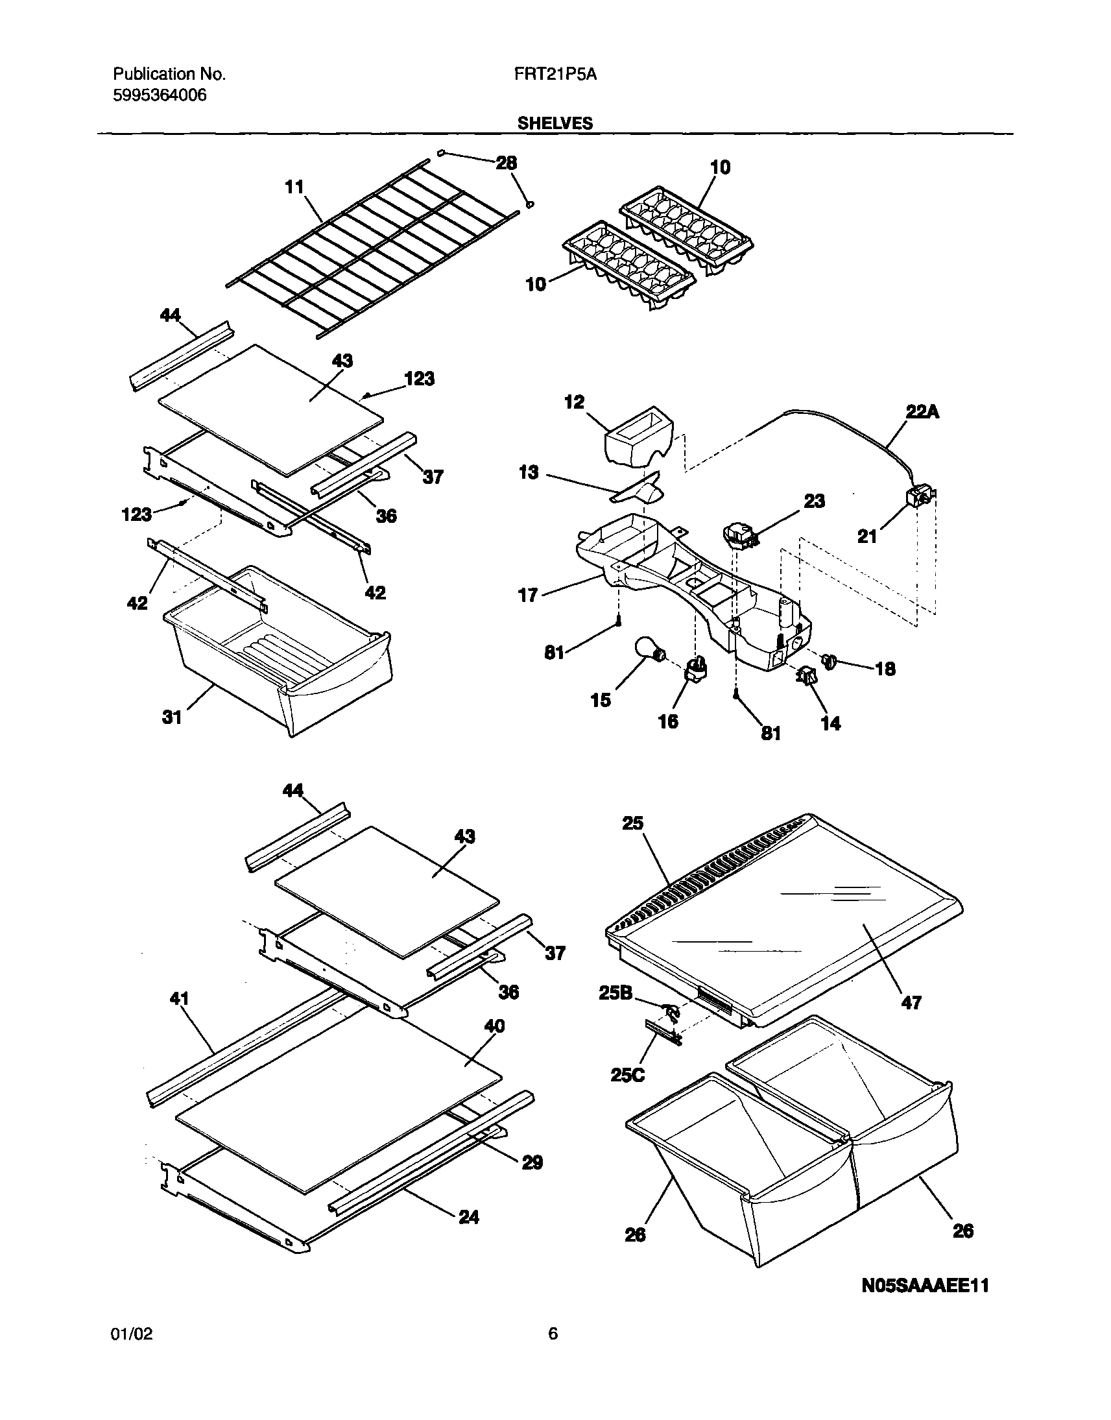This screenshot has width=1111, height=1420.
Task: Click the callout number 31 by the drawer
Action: pyautogui.click(x=171, y=717)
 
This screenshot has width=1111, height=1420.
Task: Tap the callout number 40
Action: pyautogui.click(x=494, y=1026)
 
